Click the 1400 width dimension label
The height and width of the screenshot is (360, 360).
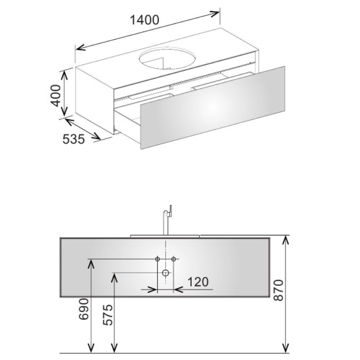144,20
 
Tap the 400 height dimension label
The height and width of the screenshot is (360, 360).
55,95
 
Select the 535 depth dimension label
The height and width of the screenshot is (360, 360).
74,139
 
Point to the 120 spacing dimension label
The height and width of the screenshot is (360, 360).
198,282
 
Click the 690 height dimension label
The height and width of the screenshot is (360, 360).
84,309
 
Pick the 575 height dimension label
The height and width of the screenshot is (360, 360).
108,315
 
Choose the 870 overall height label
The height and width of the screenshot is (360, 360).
279,290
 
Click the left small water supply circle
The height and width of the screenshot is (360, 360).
157,259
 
